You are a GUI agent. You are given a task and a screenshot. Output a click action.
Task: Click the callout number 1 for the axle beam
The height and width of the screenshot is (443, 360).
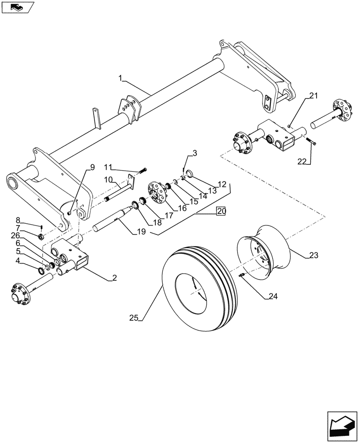pyautogui.click(x=120, y=78)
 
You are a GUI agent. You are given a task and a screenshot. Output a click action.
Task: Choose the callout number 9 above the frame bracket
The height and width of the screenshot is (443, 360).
pyautogui.click(x=92, y=167)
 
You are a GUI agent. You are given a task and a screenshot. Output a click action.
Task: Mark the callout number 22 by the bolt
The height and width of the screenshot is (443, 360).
pyautogui.click(x=302, y=162)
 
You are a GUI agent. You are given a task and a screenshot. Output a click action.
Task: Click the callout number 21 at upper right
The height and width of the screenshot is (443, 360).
pyautogui.click(x=314, y=96)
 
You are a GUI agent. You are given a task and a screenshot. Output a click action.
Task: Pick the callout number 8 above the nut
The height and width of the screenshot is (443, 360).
pyautogui.click(x=18, y=220)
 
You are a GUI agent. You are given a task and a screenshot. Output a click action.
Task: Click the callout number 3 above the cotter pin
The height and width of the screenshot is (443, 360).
pyautogui.click(x=195, y=153)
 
